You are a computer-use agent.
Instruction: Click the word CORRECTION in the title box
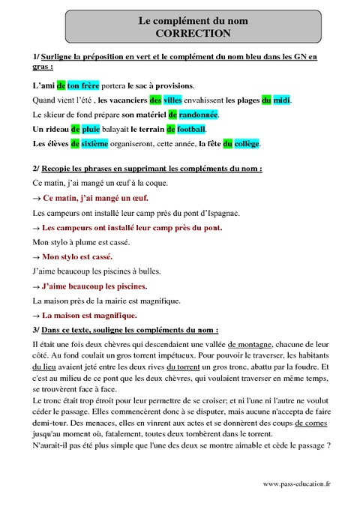[193, 34]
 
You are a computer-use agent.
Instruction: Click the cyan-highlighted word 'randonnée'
[198, 115]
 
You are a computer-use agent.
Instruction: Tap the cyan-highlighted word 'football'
[190, 129]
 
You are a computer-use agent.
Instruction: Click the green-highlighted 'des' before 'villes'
[155, 100]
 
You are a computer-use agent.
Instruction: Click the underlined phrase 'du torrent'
[184, 367]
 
